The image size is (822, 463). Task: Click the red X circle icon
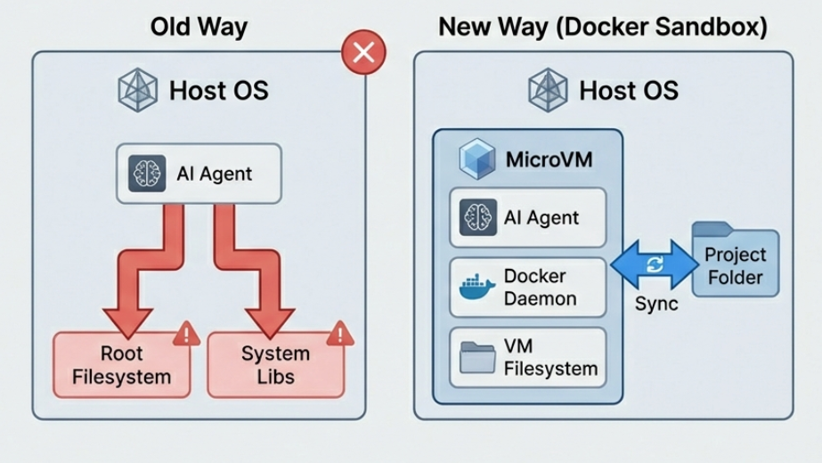(x=363, y=53)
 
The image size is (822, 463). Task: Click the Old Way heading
(x=198, y=26)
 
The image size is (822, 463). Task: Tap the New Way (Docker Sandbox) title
(x=603, y=26)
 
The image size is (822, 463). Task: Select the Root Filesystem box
(x=123, y=365)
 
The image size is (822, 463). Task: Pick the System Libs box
(x=274, y=365)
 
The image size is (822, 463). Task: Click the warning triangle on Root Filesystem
(x=187, y=335)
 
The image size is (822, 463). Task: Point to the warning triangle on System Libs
(x=339, y=335)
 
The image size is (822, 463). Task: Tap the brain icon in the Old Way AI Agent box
(x=147, y=174)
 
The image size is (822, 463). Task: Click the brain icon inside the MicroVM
(x=478, y=217)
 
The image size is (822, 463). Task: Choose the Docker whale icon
(x=477, y=288)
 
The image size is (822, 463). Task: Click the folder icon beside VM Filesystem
(x=477, y=358)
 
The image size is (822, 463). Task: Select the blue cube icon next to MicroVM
(x=477, y=158)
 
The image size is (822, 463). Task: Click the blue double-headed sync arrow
(x=655, y=264)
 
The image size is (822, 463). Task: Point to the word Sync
(x=655, y=304)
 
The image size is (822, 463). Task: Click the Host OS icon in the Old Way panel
(x=138, y=90)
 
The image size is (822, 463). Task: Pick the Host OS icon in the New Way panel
(x=548, y=90)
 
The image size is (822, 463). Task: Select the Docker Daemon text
(x=541, y=288)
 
